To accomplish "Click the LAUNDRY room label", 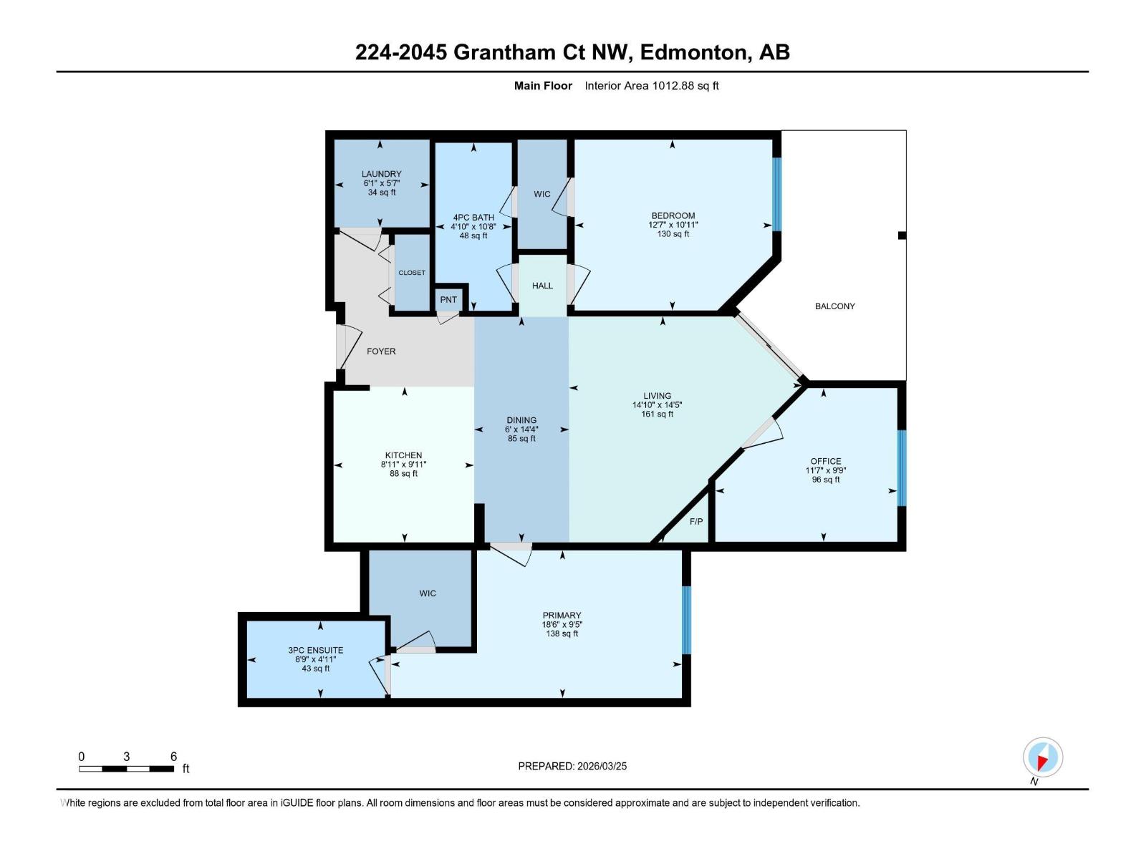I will (x=381, y=174).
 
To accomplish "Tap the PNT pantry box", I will (x=448, y=300).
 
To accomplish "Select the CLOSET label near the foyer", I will (x=412, y=273).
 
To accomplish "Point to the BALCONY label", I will (x=834, y=306).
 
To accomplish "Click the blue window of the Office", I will (x=902, y=467).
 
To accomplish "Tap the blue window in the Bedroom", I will (x=776, y=194).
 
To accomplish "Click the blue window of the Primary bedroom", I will (x=686, y=620).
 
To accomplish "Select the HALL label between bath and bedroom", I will (x=542, y=286).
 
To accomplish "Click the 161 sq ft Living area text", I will (x=657, y=414).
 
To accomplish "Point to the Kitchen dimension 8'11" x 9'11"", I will (x=403, y=465).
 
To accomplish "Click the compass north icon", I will (x=1042, y=757).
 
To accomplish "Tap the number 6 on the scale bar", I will (x=173, y=757).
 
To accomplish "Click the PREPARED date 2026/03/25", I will (x=601, y=766).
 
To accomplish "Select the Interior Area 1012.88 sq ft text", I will (x=651, y=86).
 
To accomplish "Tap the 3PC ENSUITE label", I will (x=315, y=650).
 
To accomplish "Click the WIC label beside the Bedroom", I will (x=542, y=194).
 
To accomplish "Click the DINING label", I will (x=521, y=420).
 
